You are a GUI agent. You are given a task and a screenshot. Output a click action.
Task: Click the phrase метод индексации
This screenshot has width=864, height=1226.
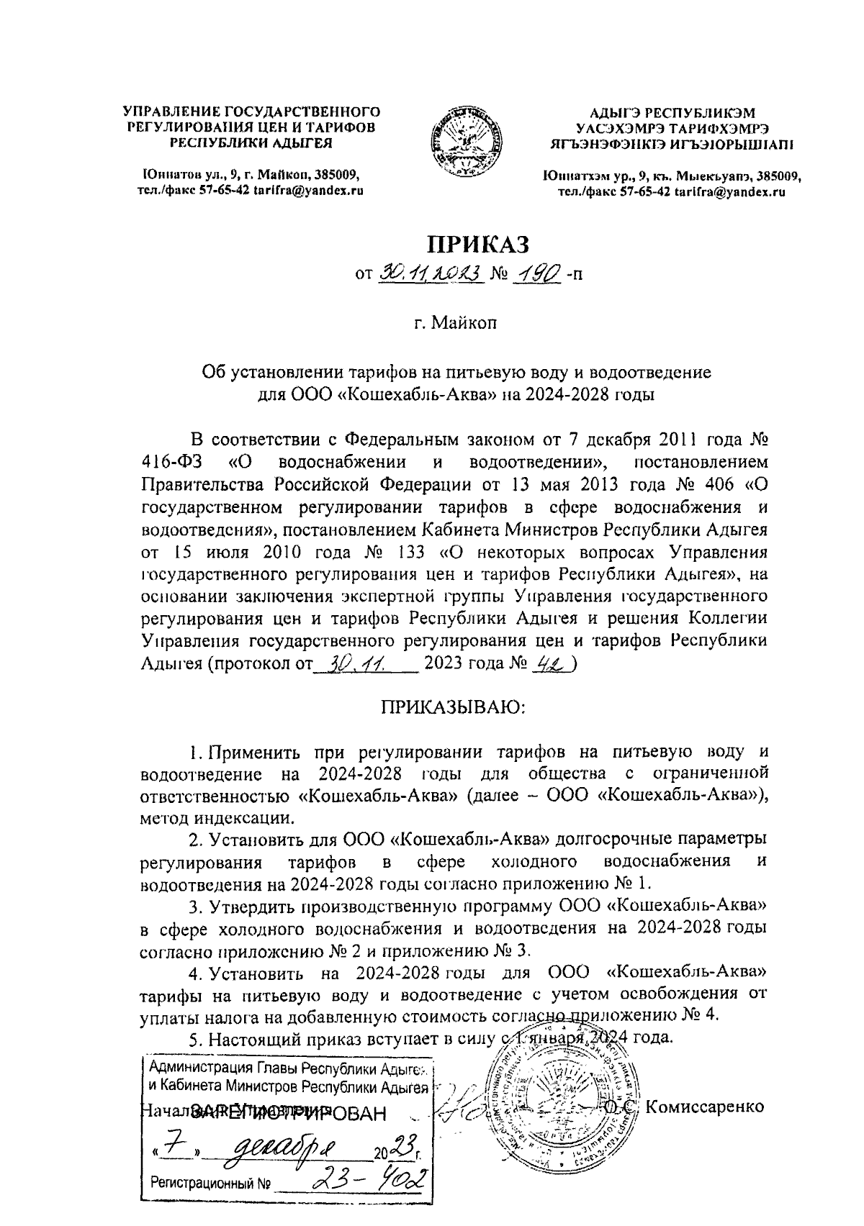217,817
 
